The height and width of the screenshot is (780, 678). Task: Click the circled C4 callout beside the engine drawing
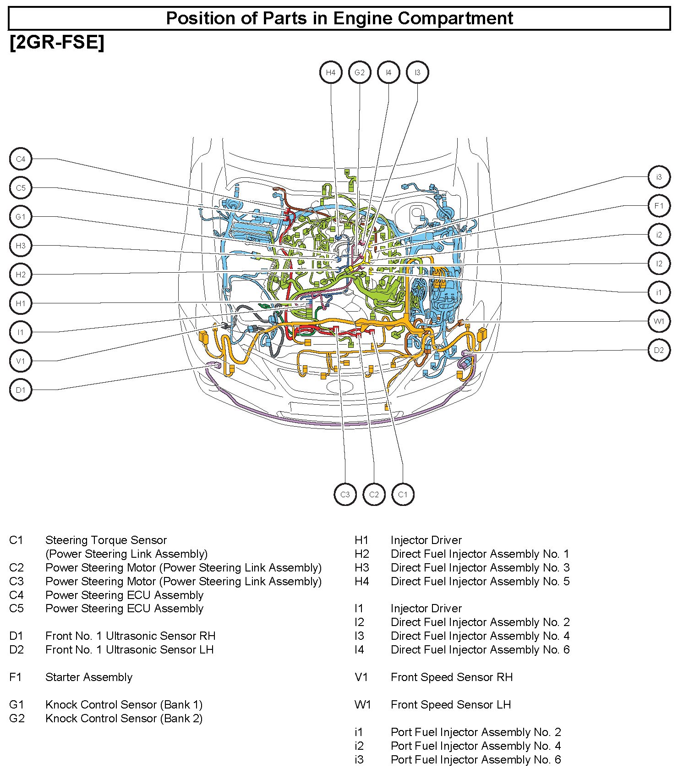[21, 159]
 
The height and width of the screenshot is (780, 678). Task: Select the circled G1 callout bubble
[21, 217]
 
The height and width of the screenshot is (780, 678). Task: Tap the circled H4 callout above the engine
[331, 72]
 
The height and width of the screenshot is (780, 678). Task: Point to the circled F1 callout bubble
[659, 206]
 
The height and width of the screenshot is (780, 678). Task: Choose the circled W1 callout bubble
[659, 321]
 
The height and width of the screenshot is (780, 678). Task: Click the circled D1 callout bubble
[21, 390]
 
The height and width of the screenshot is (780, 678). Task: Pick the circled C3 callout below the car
[345, 494]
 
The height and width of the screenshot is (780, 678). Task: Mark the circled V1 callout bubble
[21, 361]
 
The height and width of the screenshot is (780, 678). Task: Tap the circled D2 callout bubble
[659, 350]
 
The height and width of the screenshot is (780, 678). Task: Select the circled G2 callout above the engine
[360, 72]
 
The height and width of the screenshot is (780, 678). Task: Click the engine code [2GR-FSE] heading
[57, 43]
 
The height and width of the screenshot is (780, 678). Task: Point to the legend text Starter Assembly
[89, 677]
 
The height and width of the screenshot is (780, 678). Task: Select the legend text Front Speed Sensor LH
[450, 704]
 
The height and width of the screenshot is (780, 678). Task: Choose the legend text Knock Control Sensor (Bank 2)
[124, 718]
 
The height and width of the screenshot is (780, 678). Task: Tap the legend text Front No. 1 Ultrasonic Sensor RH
[130, 636]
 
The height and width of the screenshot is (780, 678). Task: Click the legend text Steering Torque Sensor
[106, 540]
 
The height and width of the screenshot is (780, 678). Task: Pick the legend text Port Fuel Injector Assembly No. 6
[476, 759]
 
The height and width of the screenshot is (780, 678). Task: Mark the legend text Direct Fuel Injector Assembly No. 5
[480, 581]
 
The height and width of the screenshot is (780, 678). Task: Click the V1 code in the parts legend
[361, 677]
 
